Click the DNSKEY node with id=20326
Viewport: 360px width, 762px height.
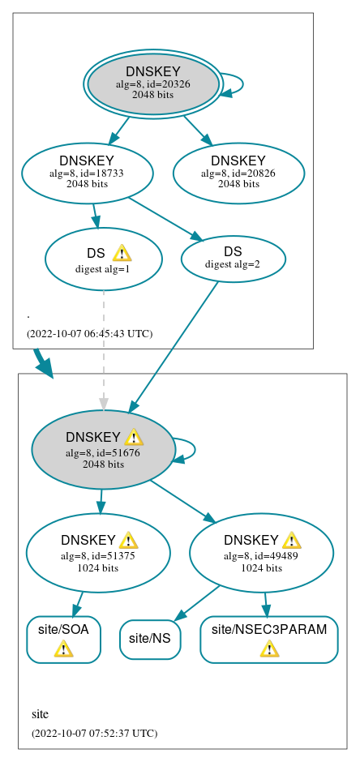[153, 83]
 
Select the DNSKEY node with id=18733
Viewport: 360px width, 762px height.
[87, 172]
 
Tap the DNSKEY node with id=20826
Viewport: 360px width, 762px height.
[238, 172]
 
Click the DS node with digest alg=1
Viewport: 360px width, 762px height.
[103, 259]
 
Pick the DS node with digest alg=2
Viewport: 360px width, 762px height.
[233, 257]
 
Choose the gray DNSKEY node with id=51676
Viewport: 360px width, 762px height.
[103, 450]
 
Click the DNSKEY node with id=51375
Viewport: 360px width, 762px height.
[98, 552]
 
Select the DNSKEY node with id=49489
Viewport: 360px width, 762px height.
[261, 552]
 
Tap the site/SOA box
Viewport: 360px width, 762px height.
[63, 639]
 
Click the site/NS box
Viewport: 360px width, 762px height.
[150, 639]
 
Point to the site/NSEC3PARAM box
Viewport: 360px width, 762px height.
[268, 639]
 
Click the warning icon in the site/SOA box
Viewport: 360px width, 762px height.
[63, 649]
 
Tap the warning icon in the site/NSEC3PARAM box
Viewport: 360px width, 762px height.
[269, 649]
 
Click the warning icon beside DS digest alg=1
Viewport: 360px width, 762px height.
[122, 253]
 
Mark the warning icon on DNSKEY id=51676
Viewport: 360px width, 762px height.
[134, 438]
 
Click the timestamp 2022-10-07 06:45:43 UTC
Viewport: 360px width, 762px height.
[89, 333]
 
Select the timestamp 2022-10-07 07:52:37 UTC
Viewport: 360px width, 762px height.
[94, 733]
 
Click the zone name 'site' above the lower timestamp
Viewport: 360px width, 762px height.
[40, 714]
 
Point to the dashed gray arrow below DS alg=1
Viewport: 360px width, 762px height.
[103, 349]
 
